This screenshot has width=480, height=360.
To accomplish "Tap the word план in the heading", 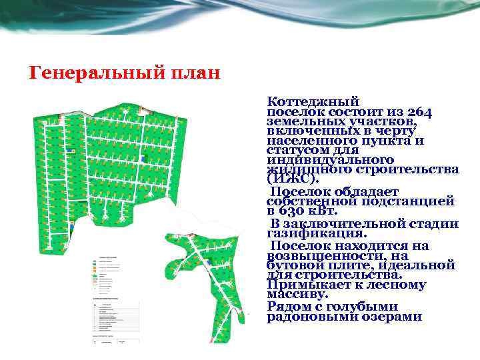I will (198, 73).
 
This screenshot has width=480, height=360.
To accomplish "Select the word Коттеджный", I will (313, 101).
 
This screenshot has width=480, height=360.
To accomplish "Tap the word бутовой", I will (291, 265).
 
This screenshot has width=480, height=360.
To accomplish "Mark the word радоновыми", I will (307, 317).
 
